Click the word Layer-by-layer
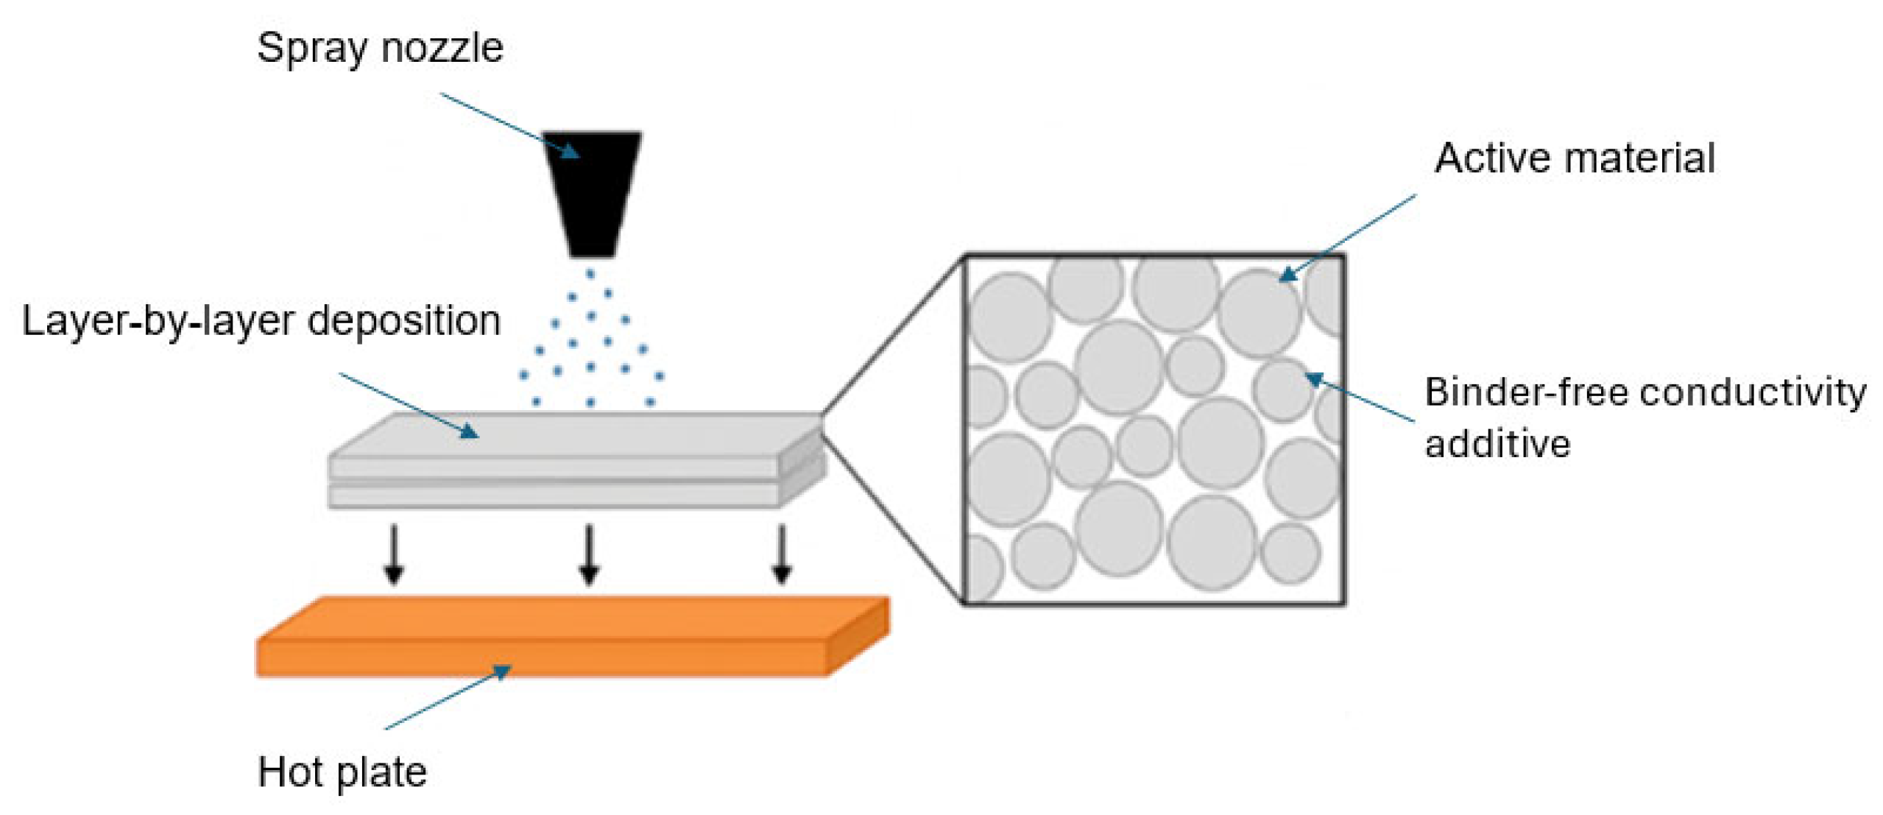[x=158, y=322]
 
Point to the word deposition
[x=403, y=322]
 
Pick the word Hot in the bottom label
[x=290, y=772]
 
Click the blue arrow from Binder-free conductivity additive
[x=1360, y=398]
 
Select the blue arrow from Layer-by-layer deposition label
[x=409, y=405]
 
